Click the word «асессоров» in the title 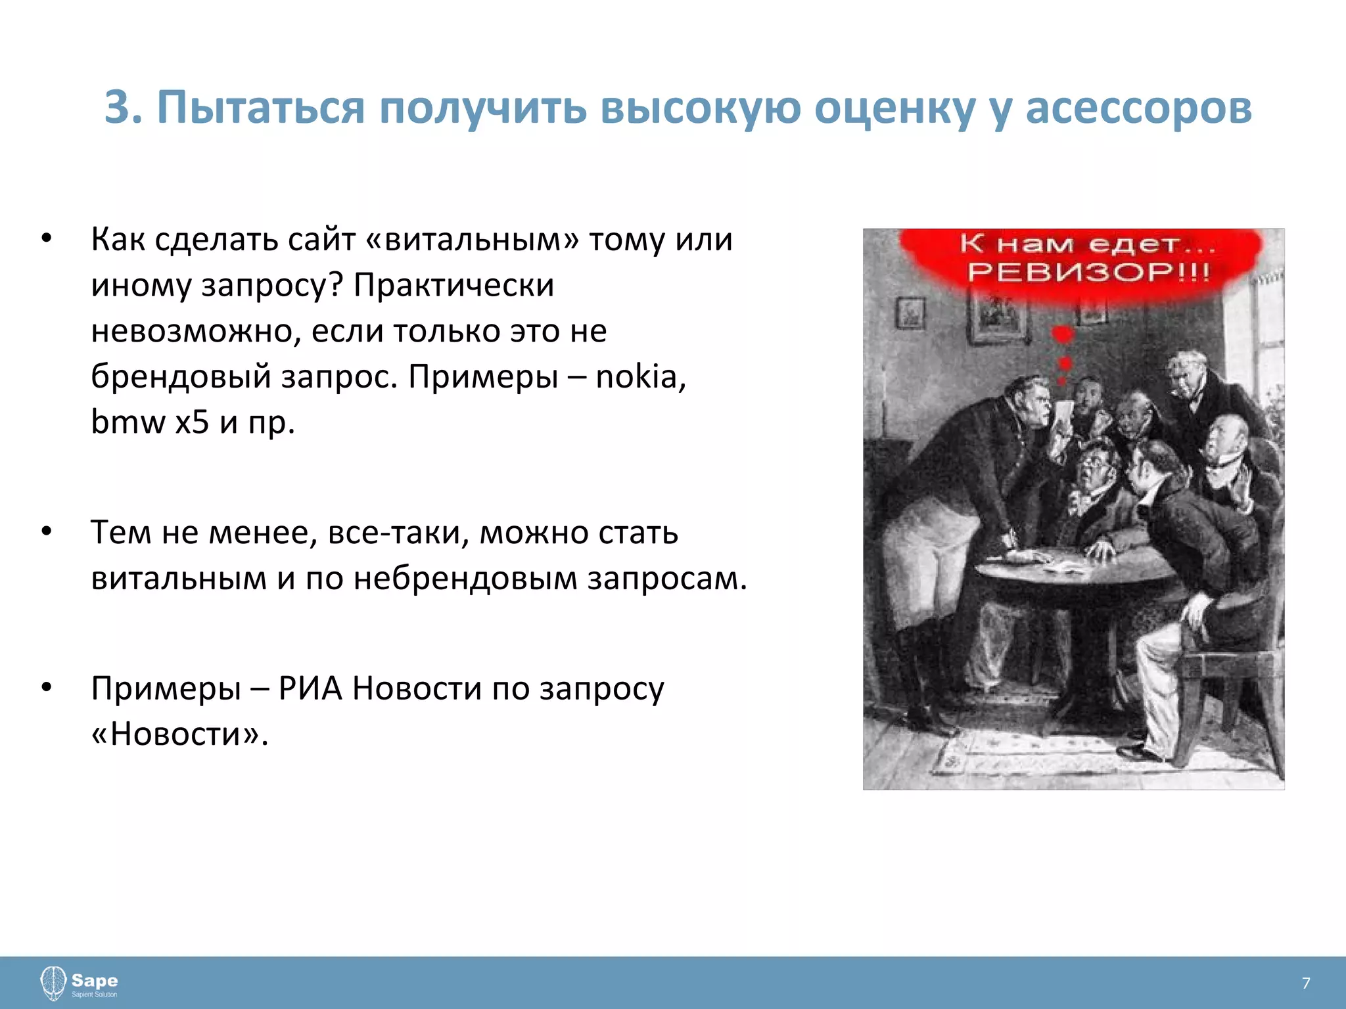pos(1138,107)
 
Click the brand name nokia pos(639,376)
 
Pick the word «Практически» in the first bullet pos(453,285)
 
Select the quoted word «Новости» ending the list pos(179,734)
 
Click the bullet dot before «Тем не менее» pos(46,531)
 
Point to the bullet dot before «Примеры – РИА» pos(46,688)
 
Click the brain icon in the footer pos(53,983)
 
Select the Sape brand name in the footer pos(95,980)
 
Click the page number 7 pos(1306,983)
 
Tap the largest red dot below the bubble pos(1063,335)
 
